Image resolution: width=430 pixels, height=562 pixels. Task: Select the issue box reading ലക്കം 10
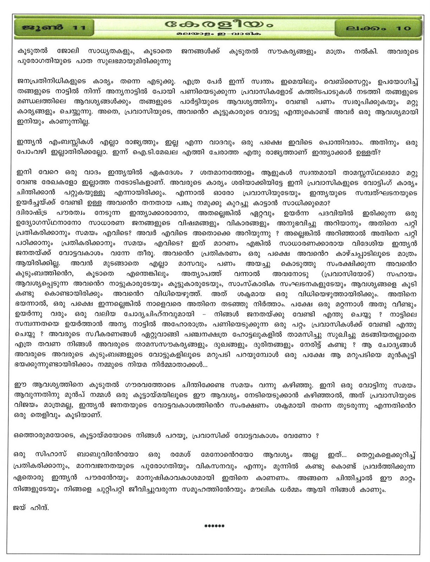point(378,28)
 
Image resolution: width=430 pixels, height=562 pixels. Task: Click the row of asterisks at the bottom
point(214,526)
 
